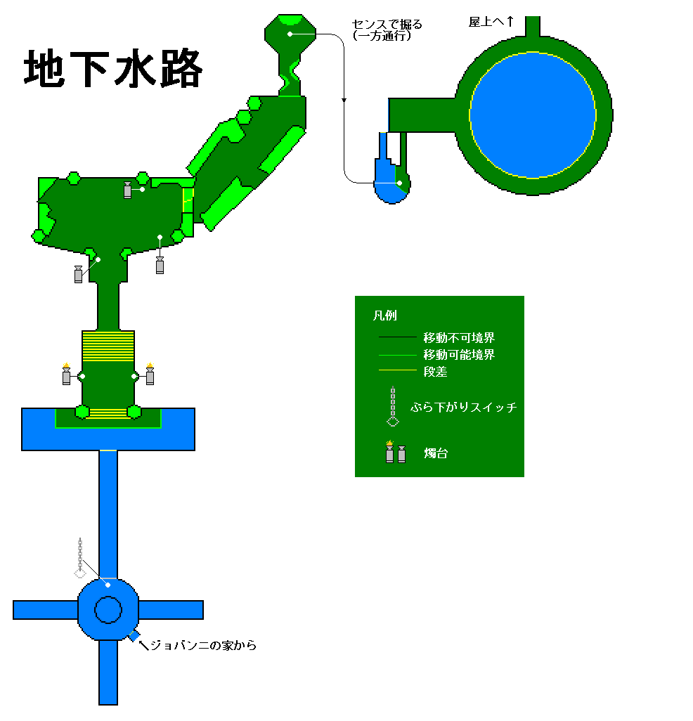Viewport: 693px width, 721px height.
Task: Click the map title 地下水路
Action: (113, 68)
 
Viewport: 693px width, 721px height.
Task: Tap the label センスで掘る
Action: (387, 25)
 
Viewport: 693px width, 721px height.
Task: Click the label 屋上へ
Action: (486, 22)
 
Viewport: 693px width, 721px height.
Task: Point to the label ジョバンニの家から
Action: (203, 645)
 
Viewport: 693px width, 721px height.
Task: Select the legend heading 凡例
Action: (385, 316)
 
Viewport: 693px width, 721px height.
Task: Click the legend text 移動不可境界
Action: (459, 337)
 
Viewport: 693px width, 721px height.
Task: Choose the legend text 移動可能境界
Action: (459, 354)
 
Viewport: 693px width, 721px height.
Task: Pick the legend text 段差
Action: (435, 372)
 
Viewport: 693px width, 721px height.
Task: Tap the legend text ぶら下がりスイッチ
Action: (464, 407)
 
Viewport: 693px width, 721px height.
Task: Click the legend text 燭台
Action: (436, 453)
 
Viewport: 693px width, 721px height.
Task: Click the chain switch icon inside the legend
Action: (393, 406)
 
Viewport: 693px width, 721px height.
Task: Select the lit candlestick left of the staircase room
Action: (66, 374)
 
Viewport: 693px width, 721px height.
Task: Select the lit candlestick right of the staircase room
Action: (150, 374)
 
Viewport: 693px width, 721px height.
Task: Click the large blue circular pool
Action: (533, 115)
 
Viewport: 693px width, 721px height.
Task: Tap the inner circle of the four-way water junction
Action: (108, 610)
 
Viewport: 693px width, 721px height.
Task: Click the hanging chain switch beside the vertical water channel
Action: (80, 557)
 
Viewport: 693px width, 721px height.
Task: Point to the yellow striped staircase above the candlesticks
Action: (108, 346)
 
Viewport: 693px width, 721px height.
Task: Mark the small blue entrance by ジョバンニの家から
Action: (134, 636)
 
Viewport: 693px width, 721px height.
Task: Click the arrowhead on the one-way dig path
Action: (344, 100)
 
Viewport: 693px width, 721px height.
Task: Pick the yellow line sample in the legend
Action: (397, 370)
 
